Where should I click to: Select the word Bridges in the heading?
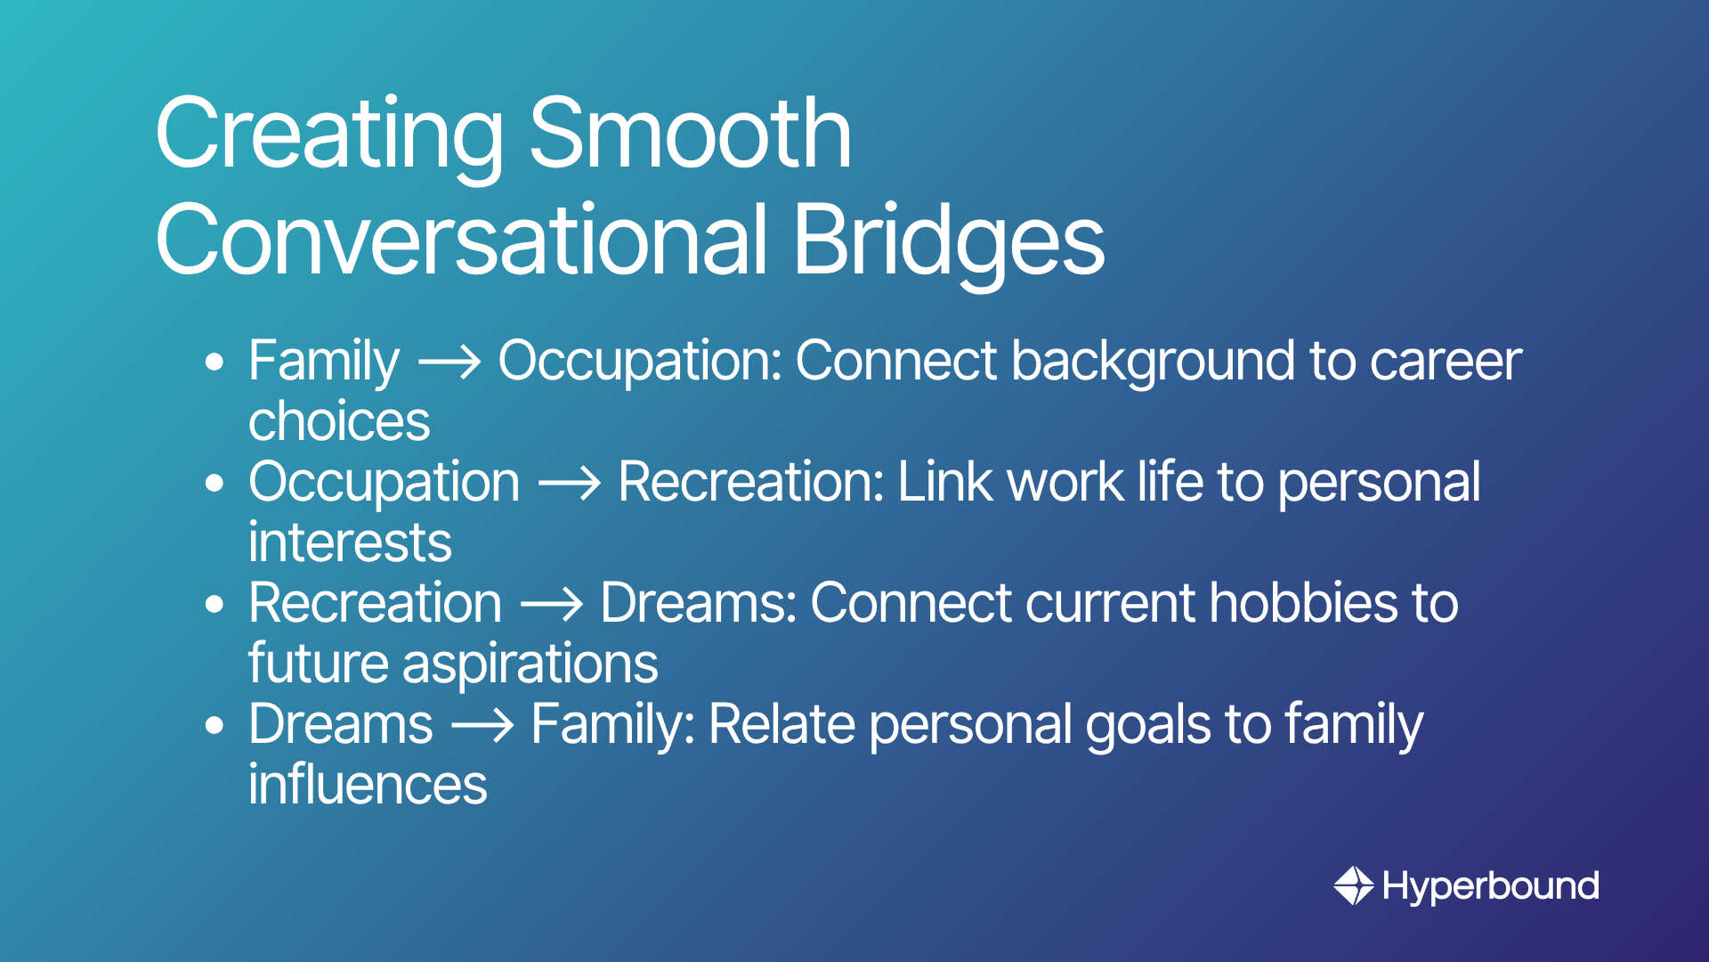coord(949,241)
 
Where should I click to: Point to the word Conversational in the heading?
coord(462,238)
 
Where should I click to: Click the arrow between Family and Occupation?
coord(450,363)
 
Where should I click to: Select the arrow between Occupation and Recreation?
coord(570,484)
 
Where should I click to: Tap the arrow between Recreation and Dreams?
coord(552,605)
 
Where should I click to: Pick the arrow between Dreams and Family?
coord(482,726)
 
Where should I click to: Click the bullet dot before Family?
coord(214,363)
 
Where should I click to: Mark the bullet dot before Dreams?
coord(214,726)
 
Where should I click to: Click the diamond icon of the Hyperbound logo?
coord(1353,886)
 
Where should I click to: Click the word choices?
coord(339,421)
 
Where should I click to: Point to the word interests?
coord(350,542)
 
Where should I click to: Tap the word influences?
coord(368,785)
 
